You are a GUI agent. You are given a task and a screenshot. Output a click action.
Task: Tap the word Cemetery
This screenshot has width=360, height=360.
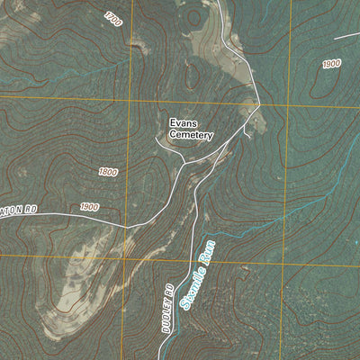click(191, 136)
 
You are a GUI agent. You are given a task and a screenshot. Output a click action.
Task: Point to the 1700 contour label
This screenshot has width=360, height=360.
click(113, 18)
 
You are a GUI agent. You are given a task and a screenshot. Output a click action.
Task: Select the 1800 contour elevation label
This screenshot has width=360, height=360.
click(108, 171)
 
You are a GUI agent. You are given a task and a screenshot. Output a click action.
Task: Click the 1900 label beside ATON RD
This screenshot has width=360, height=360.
click(88, 207)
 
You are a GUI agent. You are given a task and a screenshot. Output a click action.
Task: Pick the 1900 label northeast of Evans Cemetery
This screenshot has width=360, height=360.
click(331, 64)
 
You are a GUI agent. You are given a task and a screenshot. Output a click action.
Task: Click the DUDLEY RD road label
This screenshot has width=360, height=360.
click(167, 310)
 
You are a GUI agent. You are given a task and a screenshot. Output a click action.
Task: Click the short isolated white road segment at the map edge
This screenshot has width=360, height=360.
click(346, 36)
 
